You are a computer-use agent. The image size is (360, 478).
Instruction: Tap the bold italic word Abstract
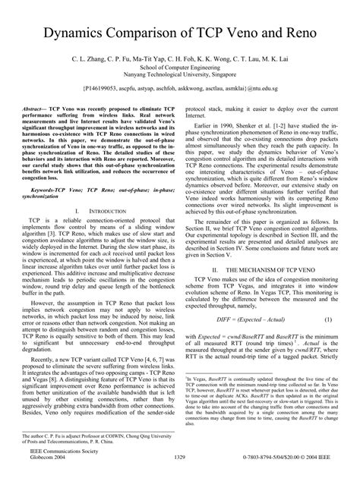[41, 109]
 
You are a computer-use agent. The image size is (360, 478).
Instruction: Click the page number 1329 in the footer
[180, 458]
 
